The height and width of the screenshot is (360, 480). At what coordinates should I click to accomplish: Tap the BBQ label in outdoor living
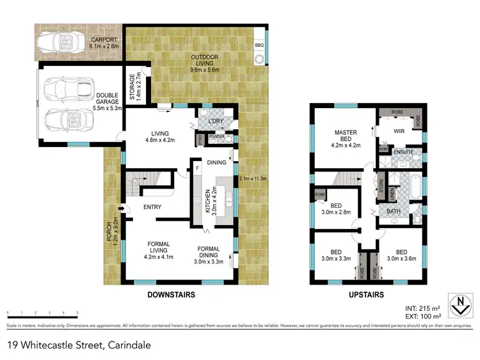(x=259, y=45)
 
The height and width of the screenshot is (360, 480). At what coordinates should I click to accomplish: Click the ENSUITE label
(x=403, y=152)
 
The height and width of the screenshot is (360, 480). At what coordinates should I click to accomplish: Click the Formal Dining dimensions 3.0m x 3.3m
(x=209, y=260)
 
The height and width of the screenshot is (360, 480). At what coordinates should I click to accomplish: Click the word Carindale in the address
(x=129, y=345)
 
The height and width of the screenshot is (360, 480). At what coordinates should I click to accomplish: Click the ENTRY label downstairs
(x=152, y=207)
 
